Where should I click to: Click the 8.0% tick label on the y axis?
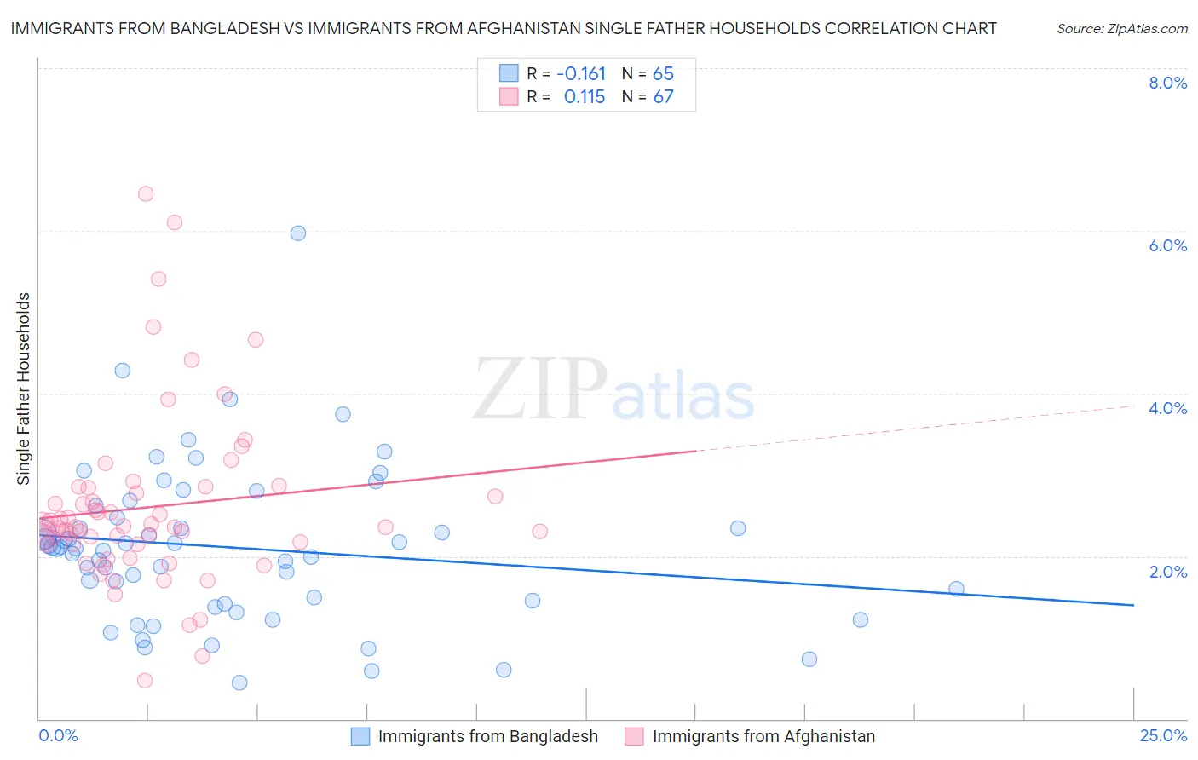[1167, 83]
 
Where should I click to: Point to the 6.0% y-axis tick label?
[1167, 245]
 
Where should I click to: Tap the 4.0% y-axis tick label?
[1167, 408]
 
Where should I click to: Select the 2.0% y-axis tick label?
[1167, 572]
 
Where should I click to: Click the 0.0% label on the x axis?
[58, 735]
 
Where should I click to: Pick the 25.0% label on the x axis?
[1163, 735]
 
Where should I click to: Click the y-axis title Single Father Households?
[24, 389]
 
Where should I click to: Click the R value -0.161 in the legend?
[581, 74]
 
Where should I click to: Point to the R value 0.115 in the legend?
[584, 97]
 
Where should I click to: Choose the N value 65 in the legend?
[663, 74]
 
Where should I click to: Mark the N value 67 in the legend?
[663, 97]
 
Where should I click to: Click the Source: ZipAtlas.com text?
[1121, 29]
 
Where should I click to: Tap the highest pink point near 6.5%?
[146, 193]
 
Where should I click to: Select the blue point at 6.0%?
[298, 233]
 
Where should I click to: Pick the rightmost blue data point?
[956, 589]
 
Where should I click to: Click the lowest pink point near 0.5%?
[145, 680]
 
